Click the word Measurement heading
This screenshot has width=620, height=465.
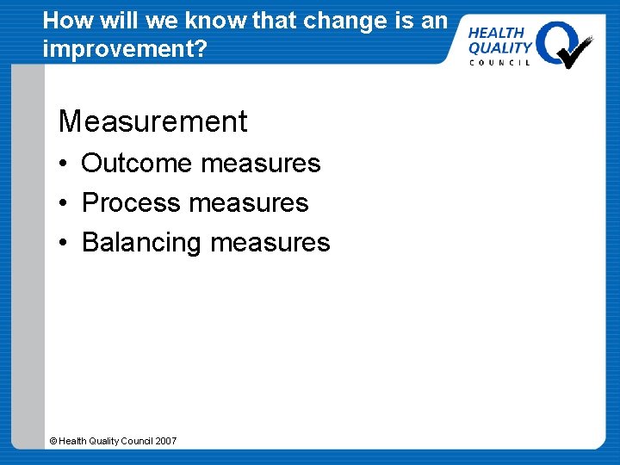coord(152,121)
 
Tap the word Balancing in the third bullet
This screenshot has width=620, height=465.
coord(141,243)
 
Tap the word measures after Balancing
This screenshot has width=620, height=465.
coord(270,243)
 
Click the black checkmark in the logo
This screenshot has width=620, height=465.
coord(574,51)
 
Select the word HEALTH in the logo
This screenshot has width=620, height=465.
coord(496,32)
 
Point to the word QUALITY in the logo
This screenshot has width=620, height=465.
coord(499,47)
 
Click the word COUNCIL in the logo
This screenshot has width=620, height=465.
coord(499,63)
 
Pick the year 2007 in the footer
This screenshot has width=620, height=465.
coord(165,441)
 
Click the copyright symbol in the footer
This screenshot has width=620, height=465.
coord(53,441)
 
